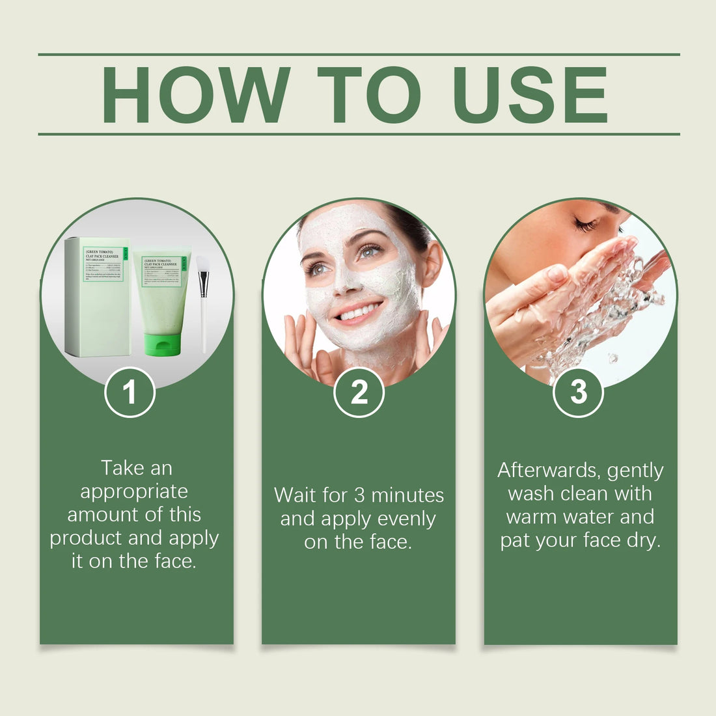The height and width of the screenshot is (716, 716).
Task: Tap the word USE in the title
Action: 530,95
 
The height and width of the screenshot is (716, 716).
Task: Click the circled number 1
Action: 130,392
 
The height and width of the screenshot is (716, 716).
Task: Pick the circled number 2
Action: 359,392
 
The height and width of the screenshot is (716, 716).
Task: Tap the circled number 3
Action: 578,392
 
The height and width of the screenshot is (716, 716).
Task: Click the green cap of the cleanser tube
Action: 162,344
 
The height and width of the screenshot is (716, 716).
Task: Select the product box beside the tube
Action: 98,296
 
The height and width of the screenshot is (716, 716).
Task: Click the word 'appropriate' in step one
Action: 134,491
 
